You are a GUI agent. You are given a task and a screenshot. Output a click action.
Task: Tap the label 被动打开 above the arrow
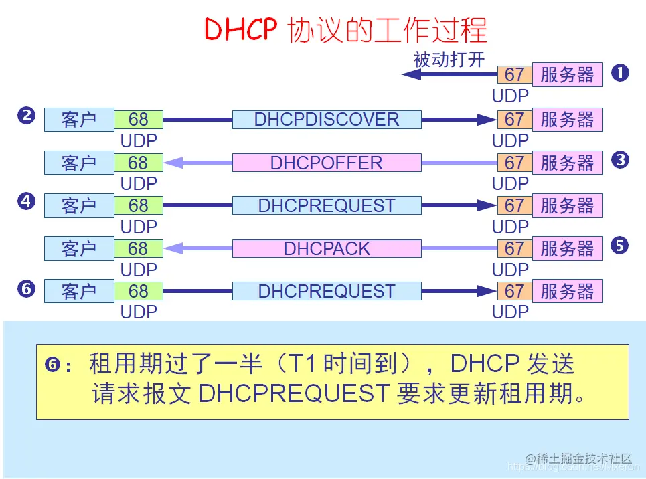click(x=449, y=60)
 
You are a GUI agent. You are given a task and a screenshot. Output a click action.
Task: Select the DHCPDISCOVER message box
click(x=327, y=120)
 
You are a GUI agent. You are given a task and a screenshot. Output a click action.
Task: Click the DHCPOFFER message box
click(x=327, y=163)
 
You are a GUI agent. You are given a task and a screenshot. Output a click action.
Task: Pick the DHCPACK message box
click(x=327, y=249)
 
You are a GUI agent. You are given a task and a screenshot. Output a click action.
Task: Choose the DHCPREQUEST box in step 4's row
click(x=327, y=205)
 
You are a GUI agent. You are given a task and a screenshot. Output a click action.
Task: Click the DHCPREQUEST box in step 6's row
click(x=327, y=292)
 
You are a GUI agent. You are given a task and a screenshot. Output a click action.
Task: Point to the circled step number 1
click(x=620, y=72)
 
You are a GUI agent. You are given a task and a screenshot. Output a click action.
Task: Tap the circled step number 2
click(x=26, y=116)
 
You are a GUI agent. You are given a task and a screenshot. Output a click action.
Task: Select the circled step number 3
click(x=620, y=159)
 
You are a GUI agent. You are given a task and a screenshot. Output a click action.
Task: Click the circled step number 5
click(x=620, y=246)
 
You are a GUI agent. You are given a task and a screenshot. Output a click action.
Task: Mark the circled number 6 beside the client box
click(x=26, y=289)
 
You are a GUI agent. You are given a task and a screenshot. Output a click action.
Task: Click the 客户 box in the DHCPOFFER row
click(x=79, y=163)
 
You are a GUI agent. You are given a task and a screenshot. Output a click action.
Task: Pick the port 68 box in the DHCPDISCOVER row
click(x=139, y=120)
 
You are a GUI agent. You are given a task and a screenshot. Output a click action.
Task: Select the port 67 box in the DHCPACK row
click(x=514, y=249)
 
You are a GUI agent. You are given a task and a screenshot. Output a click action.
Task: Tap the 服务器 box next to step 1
click(x=567, y=75)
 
